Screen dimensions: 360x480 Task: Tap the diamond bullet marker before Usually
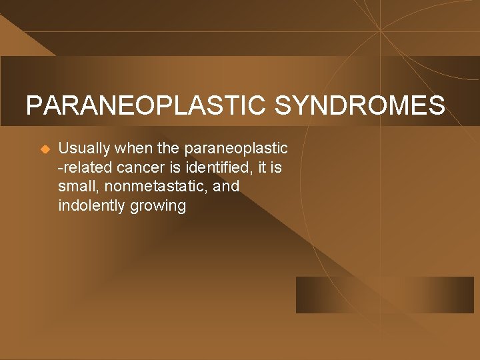pos(45,149)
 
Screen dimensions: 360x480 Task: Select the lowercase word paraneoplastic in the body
pos(237,148)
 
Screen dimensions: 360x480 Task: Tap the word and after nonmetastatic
pos(226,187)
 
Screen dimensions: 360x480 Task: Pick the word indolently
pos(91,206)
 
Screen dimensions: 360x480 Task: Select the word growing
pos(158,206)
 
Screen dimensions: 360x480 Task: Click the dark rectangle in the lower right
pos(385,295)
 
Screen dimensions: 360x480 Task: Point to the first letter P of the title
pos(33,106)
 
